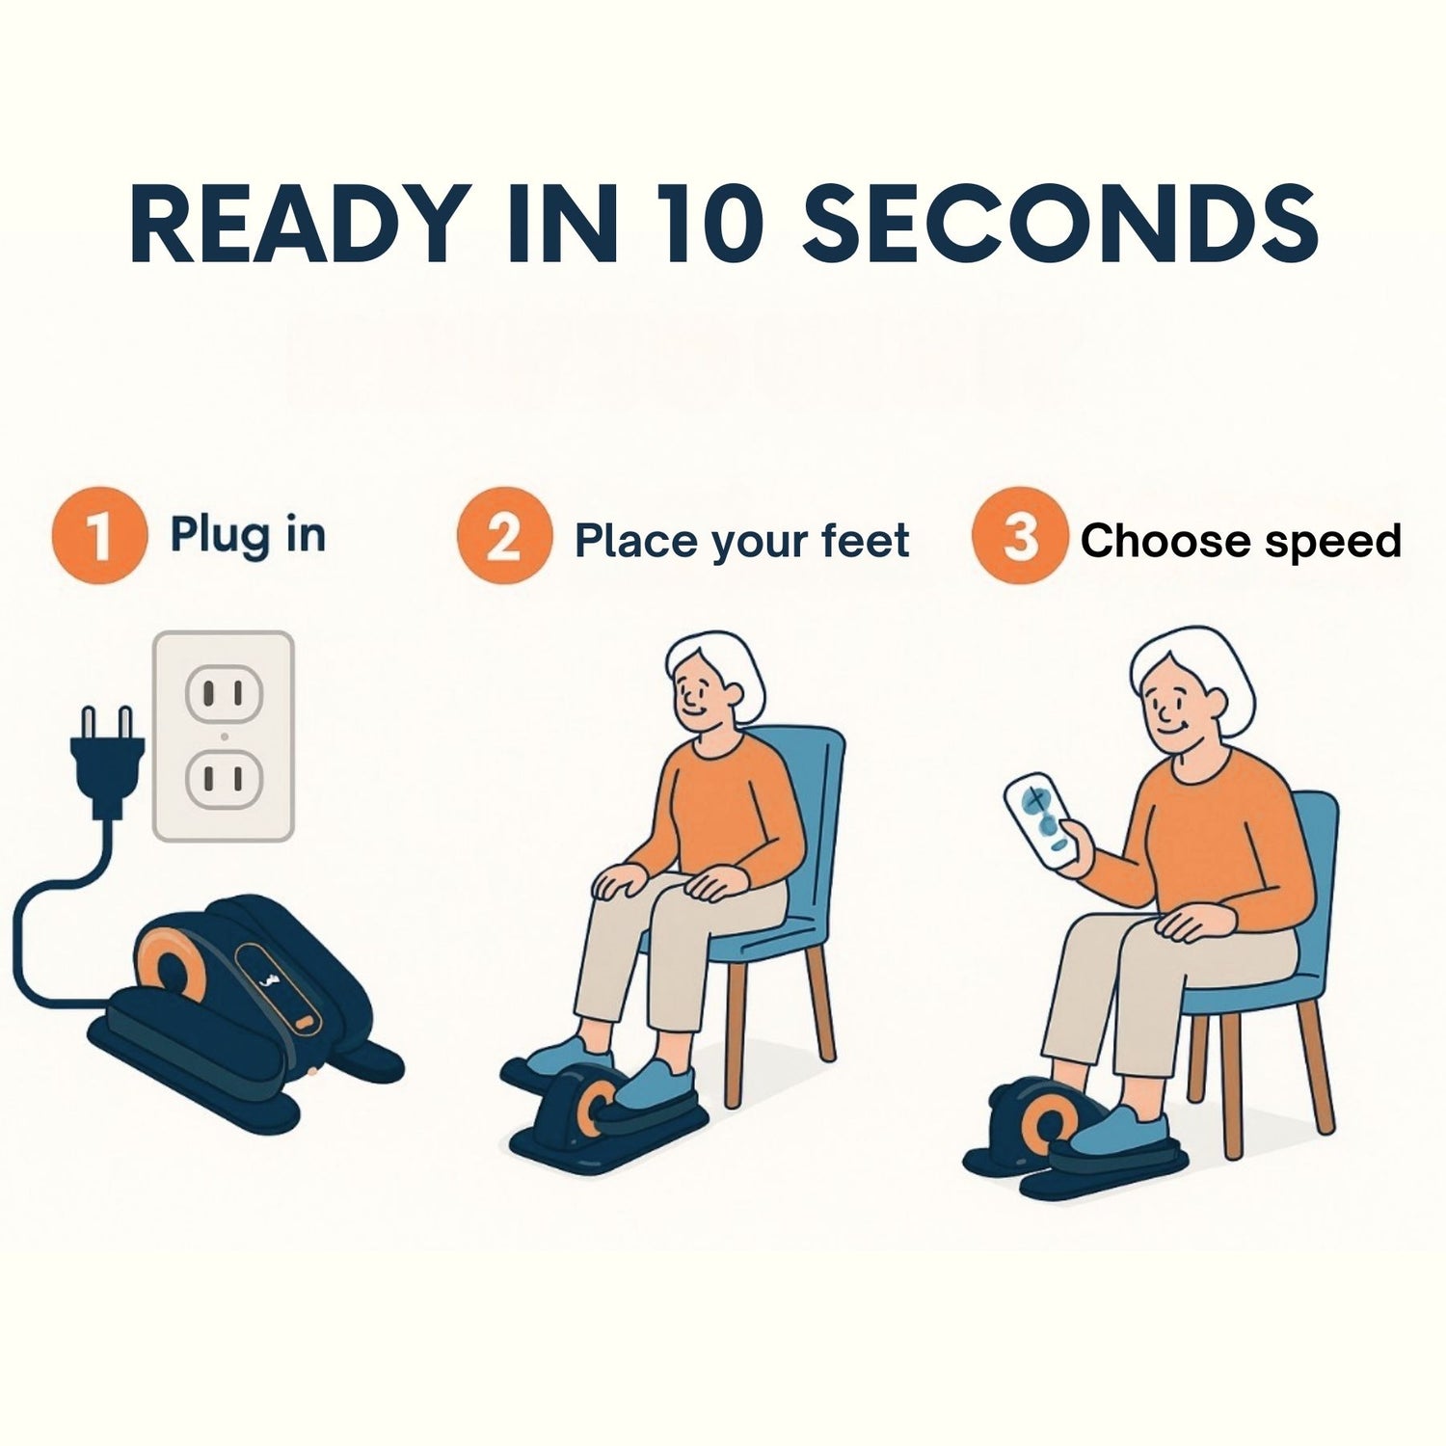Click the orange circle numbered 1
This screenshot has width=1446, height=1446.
pyautogui.click(x=99, y=536)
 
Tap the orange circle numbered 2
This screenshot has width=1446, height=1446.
pyautogui.click(x=503, y=538)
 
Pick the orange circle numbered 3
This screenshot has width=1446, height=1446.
pyautogui.click(x=1019, y=538)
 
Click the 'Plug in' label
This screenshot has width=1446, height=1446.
pyautogui.click(x=248, y=535)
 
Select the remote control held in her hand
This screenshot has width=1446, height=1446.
pyautogui.click(x=1041, y=821)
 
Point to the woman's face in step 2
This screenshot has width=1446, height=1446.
pyautogui.click(x=699, y=696)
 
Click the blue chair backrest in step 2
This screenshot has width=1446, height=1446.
pyautogui.click(x=815, y=800)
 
